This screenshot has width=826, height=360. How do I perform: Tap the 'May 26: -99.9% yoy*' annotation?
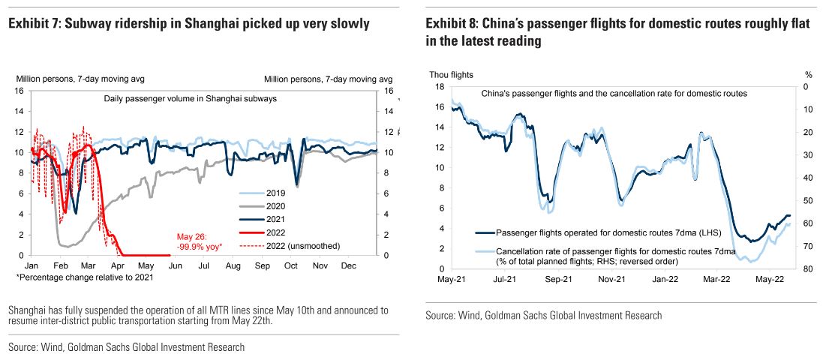click(199, 240)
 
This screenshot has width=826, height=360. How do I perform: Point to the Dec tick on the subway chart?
click(348, 265)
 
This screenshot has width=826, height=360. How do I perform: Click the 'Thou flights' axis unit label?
click(451, 74)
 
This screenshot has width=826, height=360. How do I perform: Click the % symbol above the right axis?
click(809, 74)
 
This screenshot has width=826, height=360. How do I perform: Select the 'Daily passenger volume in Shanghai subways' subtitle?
click(190, 98)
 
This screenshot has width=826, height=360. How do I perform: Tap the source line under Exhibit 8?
click(543, 316)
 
